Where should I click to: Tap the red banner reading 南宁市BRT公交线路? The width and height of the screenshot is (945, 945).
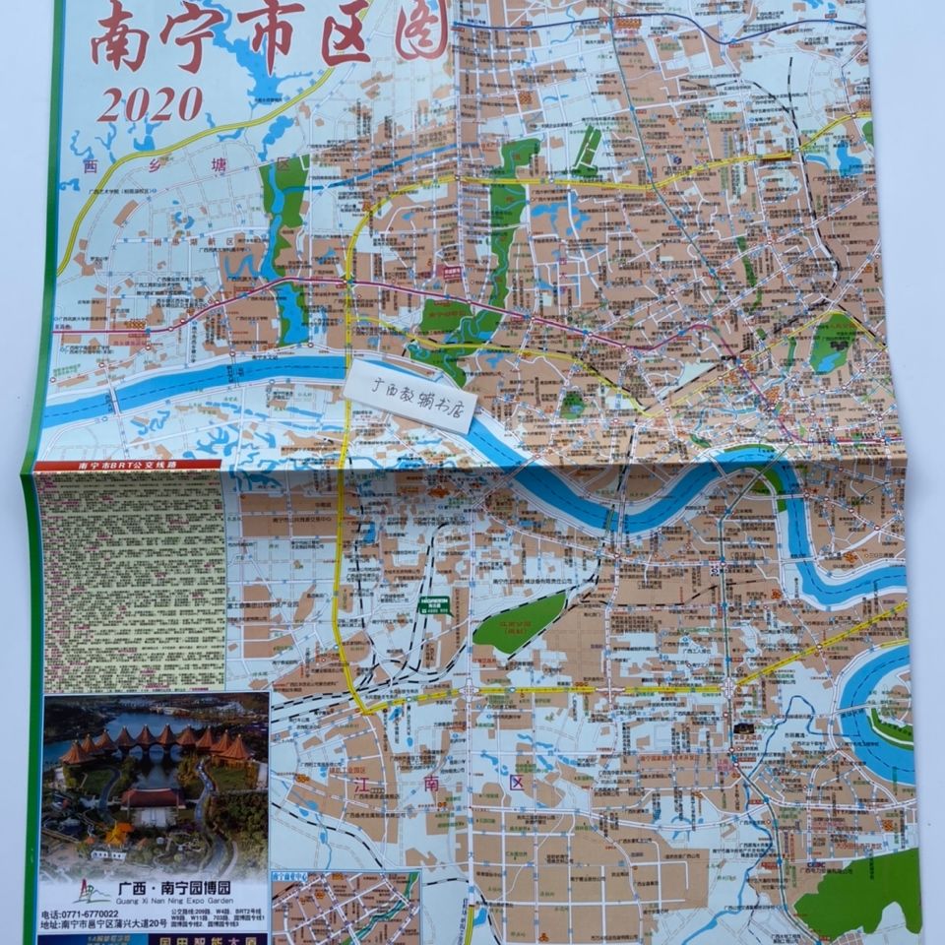[128, 465]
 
